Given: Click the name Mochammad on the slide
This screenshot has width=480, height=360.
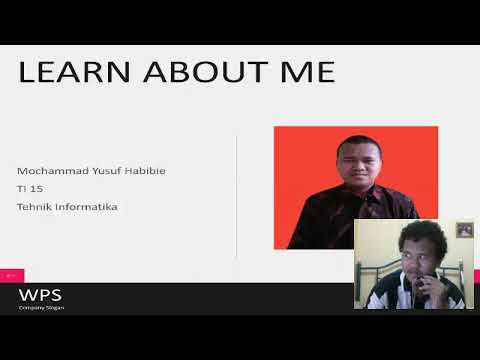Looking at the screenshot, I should (56, 171).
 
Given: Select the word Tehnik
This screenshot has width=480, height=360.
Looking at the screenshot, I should (34, 207).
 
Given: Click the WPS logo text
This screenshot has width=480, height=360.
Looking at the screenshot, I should (39, 296).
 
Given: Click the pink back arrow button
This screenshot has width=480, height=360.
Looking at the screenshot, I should (11, 275).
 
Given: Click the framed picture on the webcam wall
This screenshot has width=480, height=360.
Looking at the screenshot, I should (464, 230).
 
